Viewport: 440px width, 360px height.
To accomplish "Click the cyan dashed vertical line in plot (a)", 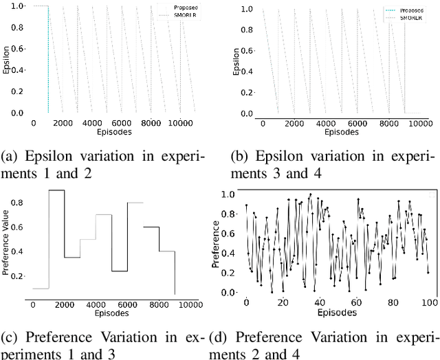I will tap(48, 62).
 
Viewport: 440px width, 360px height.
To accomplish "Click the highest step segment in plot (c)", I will tap(56, 190).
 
